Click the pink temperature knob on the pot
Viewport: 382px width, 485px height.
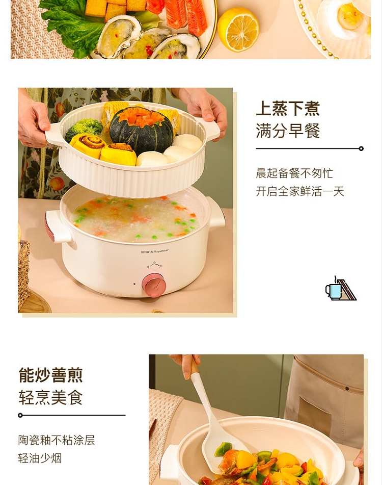coord(153,285)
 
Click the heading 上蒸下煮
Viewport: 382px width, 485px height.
coord(287,108)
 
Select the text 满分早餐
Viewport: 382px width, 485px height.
coord(287,131)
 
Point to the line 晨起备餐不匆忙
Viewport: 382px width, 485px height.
coord(294,173)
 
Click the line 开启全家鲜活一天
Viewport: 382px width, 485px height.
coord(300,191)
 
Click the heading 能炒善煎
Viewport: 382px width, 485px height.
coord(50,375)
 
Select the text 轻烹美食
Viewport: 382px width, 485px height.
coord(50,397)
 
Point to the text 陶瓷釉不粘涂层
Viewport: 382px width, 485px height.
coord(57,440)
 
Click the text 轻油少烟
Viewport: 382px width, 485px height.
coord(40,458)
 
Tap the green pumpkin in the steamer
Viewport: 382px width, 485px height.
coord(142,130)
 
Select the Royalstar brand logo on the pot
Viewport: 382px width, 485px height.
coord(155,251)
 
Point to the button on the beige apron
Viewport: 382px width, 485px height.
coord(347,389)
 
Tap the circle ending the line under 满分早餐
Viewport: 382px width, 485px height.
coord(361,149)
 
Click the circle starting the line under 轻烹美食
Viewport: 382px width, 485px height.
coord(20,415)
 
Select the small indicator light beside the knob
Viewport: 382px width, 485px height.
coord(134,284)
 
